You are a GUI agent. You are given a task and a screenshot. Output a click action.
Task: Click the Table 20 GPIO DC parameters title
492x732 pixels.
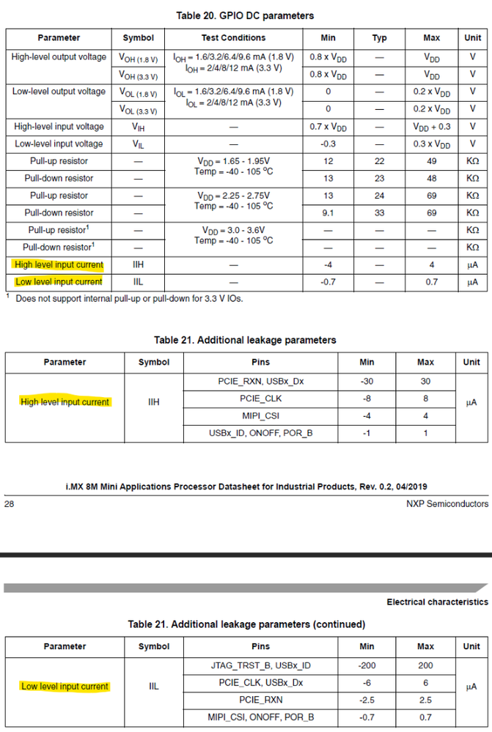tap(245, 15)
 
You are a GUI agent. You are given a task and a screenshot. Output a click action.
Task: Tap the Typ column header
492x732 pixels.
tap(379, 37)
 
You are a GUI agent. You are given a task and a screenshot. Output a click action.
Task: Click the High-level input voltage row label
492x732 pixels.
tap(59, 127)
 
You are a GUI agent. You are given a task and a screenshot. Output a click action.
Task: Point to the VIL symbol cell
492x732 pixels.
tap(138, 144)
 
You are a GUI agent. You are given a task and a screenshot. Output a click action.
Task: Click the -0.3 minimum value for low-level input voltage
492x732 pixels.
tap(328, 144)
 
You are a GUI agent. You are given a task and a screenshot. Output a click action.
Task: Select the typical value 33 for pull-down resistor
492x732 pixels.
tap(379, 213)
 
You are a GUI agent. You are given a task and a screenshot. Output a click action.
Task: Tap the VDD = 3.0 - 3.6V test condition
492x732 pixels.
tap(234, 230)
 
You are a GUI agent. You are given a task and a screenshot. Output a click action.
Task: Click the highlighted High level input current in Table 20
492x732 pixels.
tap(59, 265)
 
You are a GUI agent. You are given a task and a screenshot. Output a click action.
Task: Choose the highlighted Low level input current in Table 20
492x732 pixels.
tap(59, 282)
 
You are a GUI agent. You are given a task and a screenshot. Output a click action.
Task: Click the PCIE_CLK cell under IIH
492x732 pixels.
tap(260, 399)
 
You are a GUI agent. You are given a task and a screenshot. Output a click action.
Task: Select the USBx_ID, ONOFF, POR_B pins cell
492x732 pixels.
tap(260, 433)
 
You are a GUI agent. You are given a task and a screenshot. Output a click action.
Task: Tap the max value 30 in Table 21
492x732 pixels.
tap(425, 381)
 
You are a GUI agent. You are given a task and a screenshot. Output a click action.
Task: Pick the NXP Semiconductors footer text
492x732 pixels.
tap(447, 504)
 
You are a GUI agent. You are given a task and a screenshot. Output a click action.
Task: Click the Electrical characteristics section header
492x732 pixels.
tap(437, 602)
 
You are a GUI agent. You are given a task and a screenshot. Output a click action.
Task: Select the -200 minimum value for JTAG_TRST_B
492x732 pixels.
tap(367, 665)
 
